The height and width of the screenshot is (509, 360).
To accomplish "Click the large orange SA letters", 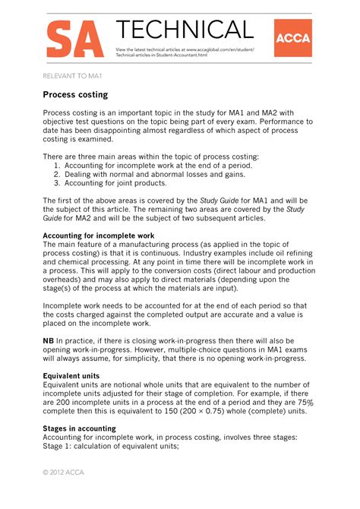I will point(74,40).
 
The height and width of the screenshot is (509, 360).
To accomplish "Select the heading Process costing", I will point(75,95).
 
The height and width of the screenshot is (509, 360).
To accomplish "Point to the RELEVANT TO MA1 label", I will point(73,75).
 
